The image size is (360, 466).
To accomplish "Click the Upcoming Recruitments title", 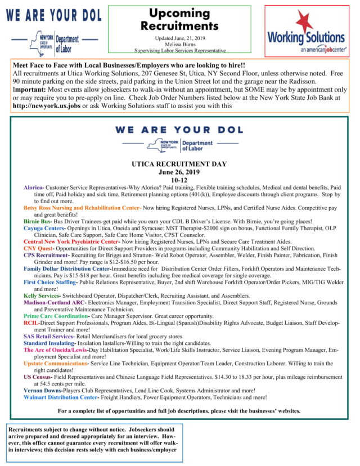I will pyautogui.click(x=179, y=20).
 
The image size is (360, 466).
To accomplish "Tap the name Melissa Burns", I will pyautogui.click(x=179, y=43).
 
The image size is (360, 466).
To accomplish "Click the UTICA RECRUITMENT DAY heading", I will pyautogui.click(x=179, y=164).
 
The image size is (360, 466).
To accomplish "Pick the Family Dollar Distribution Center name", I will pyautogui.click(x=67, y=269).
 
